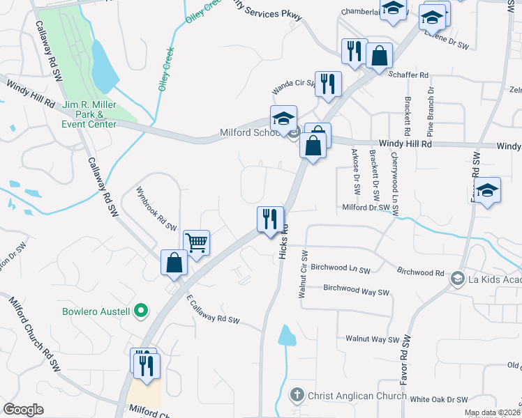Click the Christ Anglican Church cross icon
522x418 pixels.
click(297, 395)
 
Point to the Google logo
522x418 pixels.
click(23, 410)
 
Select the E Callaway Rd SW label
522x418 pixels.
click(213, 310)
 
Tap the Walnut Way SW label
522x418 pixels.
click(367, 339)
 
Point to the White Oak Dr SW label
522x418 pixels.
click(438, 399)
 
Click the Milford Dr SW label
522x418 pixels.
click(366, 208)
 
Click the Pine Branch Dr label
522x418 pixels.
click(431, 112)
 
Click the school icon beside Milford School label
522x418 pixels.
click(284, 118)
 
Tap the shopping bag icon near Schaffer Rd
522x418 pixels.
click(379, 56)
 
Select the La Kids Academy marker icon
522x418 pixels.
click(458, 279)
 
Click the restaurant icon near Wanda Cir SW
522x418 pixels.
click(328, 84)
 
